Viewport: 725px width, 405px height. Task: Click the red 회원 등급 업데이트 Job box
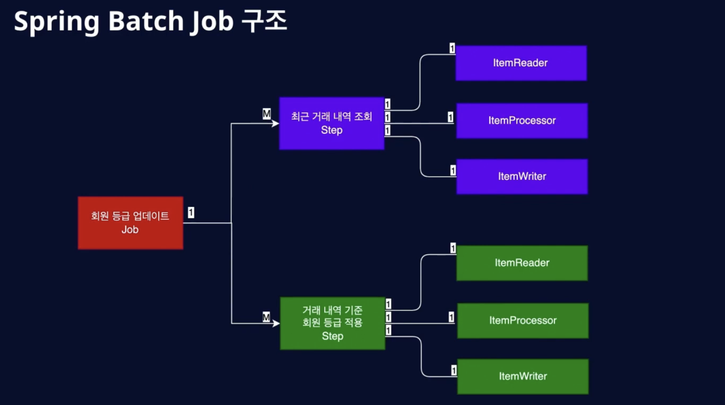click(131, 223)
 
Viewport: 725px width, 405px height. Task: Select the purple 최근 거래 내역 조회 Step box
click(332, 123)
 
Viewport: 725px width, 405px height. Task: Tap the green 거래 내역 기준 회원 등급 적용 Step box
click(333, 323)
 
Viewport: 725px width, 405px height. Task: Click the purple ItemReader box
click(521, 63)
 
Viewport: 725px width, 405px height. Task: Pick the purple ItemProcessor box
click(522, 121)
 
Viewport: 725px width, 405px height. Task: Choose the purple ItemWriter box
click(522, 177)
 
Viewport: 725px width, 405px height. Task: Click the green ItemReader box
click(522, 263)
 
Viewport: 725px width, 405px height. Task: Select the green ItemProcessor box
click(523, 321)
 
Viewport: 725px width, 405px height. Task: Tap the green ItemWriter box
click(523, 376)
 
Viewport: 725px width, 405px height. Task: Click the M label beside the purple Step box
click(267, 114)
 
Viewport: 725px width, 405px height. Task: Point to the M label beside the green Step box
click(267, 317)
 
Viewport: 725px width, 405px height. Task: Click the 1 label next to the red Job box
click(191, 213)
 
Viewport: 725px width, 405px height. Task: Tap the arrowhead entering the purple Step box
click(275, 123)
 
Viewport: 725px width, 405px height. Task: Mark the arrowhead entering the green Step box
click(276, 323)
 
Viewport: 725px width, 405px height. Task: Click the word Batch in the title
click(146, 21)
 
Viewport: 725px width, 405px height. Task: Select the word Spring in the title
click(57, 22)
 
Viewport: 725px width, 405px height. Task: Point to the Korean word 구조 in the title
click(264, 20)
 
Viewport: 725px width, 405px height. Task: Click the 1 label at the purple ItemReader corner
click(452, 48)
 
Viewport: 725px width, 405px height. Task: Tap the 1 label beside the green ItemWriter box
click(454, 370)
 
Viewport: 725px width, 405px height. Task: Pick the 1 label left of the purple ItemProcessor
click(451, 117)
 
